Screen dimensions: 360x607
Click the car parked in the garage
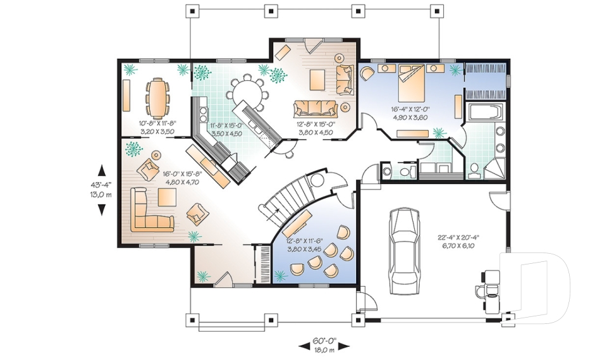tap(403, 251)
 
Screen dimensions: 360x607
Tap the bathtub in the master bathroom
tap(484, 113)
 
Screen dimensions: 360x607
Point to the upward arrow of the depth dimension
tap(101, 169)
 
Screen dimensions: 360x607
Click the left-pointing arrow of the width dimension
tap(302, 345)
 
